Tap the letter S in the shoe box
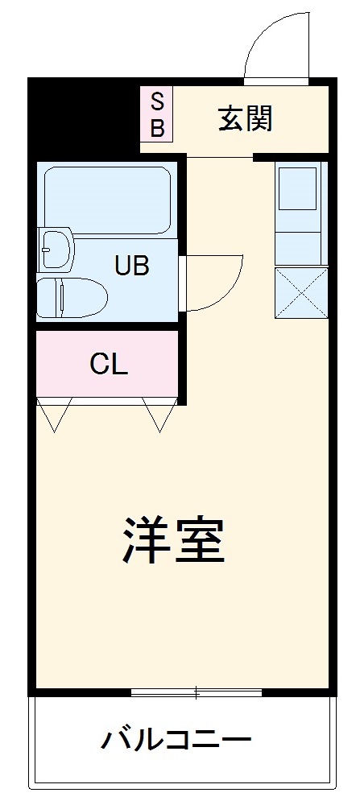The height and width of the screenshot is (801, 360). pyautogui.click(x=158, y=101)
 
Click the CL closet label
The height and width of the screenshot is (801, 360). pyautogui.click(x=109, y=365)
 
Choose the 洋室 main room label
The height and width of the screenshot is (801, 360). pyautogui.click(x=173, y=539)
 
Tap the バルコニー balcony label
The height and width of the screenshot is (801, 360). pyautogui.click(x=176, y=738)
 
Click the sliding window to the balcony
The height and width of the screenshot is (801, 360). pyautogui.click(x=196, y=692)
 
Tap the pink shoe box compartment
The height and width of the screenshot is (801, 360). pyautogui.click(x=157, y=114)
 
